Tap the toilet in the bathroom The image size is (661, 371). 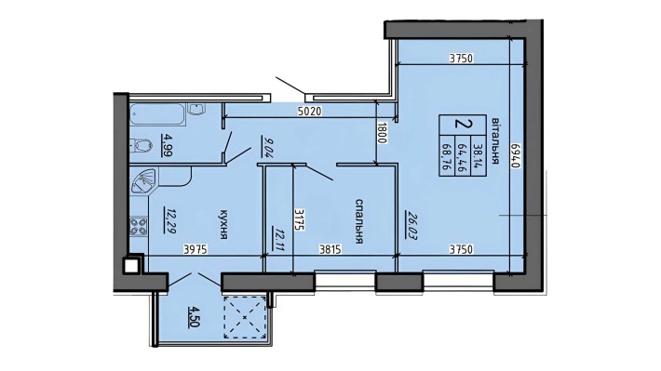click(142, 145)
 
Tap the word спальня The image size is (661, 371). click(357, 226)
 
